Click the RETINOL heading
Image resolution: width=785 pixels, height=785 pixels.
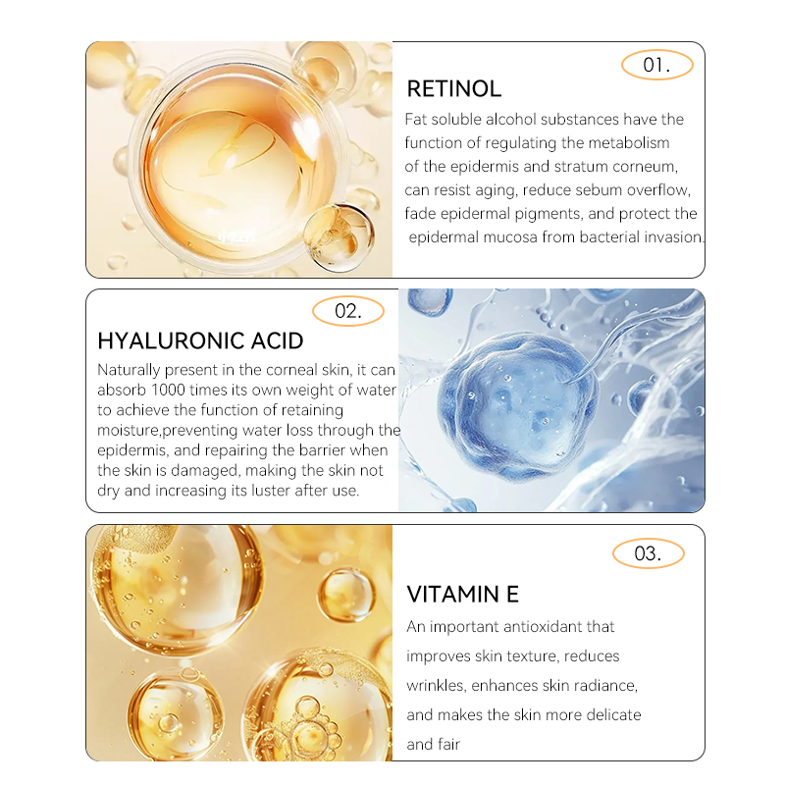pyautogui.click(x=453, y=89)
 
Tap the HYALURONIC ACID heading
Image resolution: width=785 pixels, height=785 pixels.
pyautogui.click(x=200, y=341)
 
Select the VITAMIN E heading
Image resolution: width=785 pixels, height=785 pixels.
pyautogui.click(x=462, y=594)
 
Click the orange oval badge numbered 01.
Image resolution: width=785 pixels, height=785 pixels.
pyautogui.click(x=657, y=66)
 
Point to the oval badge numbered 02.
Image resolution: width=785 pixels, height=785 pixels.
pyautogui.click(x=348, y=311)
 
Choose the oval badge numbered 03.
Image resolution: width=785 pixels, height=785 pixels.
pyautogui.click(x=648, y=553)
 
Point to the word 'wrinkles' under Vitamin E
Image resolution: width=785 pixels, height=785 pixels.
pyautogui.click(x=437, y=685)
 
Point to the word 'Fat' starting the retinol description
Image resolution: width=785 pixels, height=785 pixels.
pyautogui.click(x=417, y=119)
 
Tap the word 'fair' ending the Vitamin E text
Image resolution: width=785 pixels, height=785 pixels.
pyautogui.click(x=447, y=744)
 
